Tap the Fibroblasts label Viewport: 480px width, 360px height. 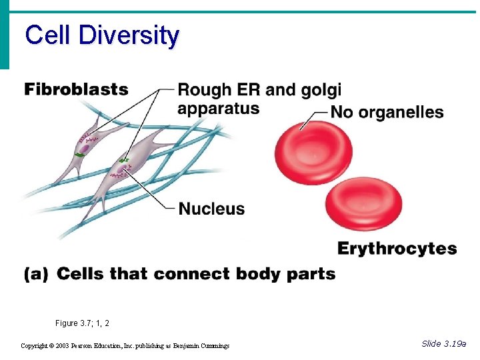click(x=77, y=89)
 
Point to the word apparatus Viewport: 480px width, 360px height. click(x=218, y=108)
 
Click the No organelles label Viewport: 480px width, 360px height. click(x=387, y=112)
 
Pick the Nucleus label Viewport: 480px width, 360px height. click(x=211, y=209)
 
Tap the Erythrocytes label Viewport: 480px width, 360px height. click(x=397, y=249)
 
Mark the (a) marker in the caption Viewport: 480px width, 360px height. click(x=36, y=274)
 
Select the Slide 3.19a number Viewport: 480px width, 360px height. click(x=444, y=343)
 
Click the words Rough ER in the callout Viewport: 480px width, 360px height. click(x=218, y=90)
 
